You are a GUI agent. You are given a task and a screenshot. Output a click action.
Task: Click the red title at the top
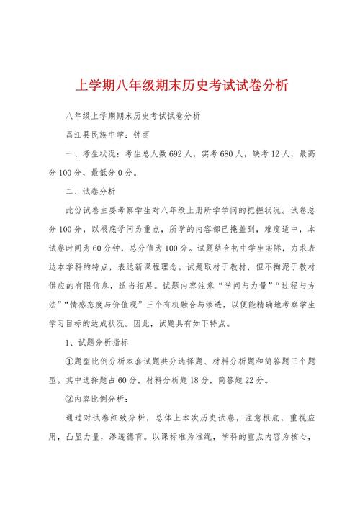(181, 86)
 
